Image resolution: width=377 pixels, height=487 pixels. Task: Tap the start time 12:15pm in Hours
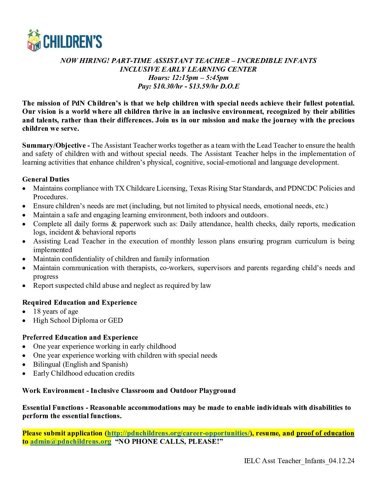point(185,77)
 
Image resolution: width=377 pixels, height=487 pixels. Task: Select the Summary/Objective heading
point(54,145)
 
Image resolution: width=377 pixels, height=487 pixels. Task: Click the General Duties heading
point(46,179)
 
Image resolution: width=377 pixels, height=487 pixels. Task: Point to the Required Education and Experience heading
point(80,302)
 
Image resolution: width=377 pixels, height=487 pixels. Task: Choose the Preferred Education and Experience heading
point(80,337)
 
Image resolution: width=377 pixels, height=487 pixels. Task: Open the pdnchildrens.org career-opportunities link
point(179,433)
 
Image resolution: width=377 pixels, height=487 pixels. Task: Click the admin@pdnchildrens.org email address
point(71,441)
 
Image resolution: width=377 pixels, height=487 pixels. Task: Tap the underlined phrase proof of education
point(325,433)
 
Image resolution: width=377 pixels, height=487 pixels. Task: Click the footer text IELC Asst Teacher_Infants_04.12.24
point(299,461)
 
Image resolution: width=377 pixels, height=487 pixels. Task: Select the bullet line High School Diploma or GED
point(78,320)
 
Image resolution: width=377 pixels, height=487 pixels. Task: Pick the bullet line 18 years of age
point(56,311)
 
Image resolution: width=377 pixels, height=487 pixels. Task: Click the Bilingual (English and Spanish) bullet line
point(80,364)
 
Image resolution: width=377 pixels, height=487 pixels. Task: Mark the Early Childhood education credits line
point(84,373)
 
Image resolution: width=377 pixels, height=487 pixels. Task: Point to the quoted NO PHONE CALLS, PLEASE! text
point(169,441)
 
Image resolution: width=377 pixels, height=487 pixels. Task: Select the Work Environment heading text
point(53,390)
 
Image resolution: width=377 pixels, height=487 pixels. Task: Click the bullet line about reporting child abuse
point(122,285)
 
